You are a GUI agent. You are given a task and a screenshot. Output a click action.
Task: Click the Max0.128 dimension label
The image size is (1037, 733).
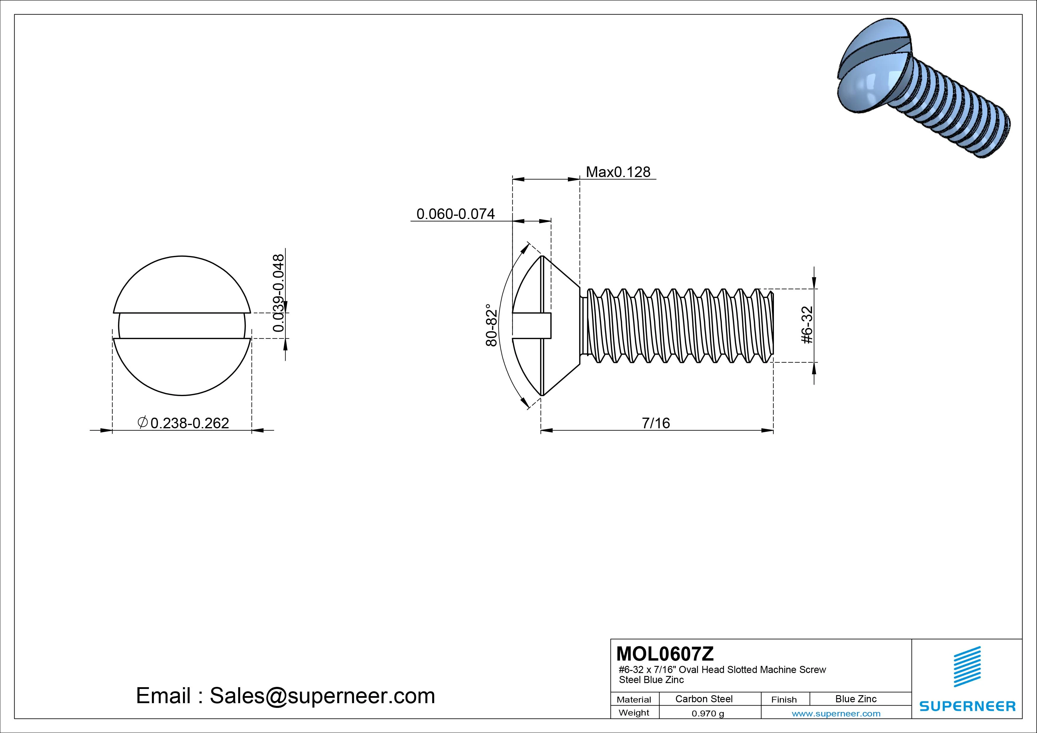[x=618, y=172]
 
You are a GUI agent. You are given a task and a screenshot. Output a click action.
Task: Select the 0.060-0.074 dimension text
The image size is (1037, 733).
[x=455, y=214]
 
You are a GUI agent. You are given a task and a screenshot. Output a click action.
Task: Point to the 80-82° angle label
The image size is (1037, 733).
[x=491, y=325]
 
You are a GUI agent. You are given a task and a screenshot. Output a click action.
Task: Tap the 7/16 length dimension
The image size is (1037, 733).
[x=656, y=423]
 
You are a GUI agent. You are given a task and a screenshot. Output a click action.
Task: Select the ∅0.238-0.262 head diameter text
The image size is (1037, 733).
[x=183, y=423]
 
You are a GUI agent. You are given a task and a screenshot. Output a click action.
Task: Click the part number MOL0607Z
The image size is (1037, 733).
[x=665, y=653]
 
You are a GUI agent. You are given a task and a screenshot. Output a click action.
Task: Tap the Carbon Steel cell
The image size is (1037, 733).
[x=704, y=699]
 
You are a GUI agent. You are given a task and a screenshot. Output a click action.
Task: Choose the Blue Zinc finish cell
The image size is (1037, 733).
[x=856, y=699]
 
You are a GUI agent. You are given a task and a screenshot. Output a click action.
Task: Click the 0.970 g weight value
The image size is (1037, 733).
[x=708, y=713]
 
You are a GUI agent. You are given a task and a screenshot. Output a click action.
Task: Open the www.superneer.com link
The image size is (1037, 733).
[x=836, y=713]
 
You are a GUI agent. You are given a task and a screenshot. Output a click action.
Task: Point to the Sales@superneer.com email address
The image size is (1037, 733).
[x=322, y=696]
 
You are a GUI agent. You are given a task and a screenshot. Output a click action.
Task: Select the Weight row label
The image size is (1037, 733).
[x=634, y=713]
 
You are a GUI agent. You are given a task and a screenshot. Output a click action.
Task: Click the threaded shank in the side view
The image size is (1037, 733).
[x=678, y=325]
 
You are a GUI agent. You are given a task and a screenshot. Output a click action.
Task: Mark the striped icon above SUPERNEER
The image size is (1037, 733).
[x=967, y=666]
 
